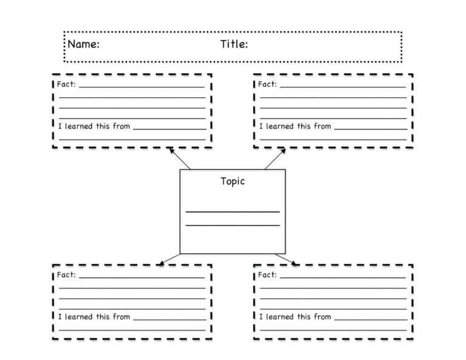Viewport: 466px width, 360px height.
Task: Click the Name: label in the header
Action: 84,44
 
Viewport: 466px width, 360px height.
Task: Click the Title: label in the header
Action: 234,44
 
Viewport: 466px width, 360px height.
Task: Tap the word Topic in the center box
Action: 232,182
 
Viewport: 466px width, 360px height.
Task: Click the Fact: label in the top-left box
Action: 66,84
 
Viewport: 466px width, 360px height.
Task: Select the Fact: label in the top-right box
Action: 267,84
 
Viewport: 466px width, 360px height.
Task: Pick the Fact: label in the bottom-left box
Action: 66,275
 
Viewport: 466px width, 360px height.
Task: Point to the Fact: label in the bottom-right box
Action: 267,275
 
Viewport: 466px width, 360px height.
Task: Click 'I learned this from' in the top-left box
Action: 94,126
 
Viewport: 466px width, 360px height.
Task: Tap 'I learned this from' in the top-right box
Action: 295,126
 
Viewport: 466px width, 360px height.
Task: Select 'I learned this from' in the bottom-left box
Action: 94,317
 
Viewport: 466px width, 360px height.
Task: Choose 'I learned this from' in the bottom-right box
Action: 295,317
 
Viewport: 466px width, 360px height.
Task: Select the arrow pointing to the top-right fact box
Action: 274,159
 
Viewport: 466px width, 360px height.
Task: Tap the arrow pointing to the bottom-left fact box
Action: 169,259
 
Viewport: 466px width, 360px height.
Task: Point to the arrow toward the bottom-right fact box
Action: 286,259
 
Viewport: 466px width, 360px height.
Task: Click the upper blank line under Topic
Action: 232,212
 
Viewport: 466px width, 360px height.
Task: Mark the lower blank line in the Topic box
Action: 232,225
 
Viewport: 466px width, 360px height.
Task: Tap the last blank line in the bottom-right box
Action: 333,330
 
